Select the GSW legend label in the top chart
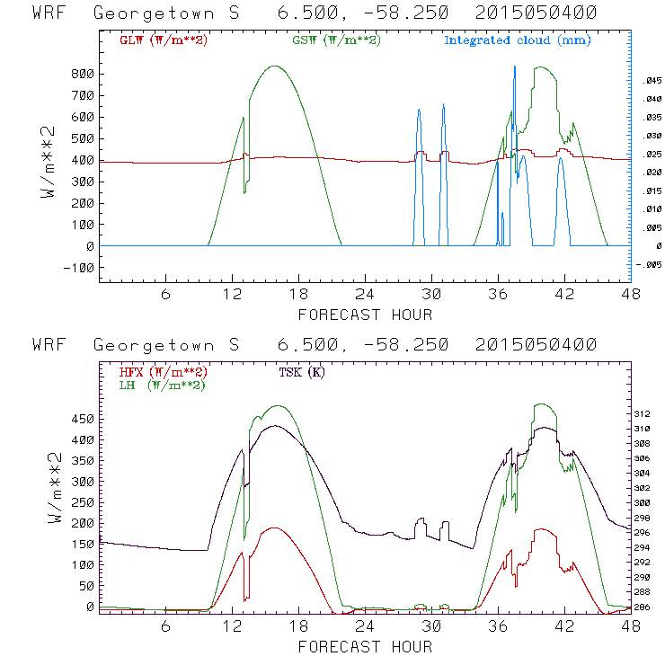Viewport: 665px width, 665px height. (x=335, y=40)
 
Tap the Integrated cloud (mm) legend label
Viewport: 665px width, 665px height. (x=518, y=40)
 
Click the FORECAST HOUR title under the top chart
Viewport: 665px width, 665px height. (x=364, y=315)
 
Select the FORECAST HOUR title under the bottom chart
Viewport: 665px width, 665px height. (x=364, y=646)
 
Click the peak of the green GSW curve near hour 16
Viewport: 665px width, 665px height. (x=275, y=66)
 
